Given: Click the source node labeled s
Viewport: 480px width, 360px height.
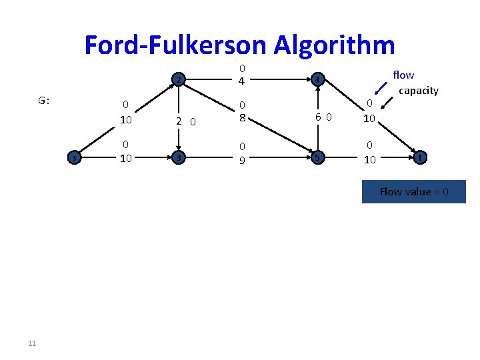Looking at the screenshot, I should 76,158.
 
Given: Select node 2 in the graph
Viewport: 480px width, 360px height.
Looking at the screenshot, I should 178,80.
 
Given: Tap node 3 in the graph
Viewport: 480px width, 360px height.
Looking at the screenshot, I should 178,158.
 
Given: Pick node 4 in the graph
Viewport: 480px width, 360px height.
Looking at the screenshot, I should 318,80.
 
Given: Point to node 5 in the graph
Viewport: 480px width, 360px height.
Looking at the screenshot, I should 318,158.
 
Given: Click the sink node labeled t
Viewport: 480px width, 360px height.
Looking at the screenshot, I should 419,158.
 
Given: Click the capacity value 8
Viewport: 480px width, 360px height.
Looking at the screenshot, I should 243,117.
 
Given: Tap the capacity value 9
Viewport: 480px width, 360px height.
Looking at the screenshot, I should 243,159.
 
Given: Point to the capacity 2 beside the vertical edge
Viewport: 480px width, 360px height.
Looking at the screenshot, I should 179,121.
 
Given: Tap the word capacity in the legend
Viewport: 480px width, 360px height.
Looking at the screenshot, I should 418,90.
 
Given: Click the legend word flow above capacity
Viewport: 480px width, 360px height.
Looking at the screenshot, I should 403,75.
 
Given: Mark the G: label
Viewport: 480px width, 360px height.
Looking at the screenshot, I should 44,101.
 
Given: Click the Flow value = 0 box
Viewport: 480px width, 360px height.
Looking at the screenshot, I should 414,192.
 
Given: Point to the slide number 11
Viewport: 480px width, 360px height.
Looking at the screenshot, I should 32,343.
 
